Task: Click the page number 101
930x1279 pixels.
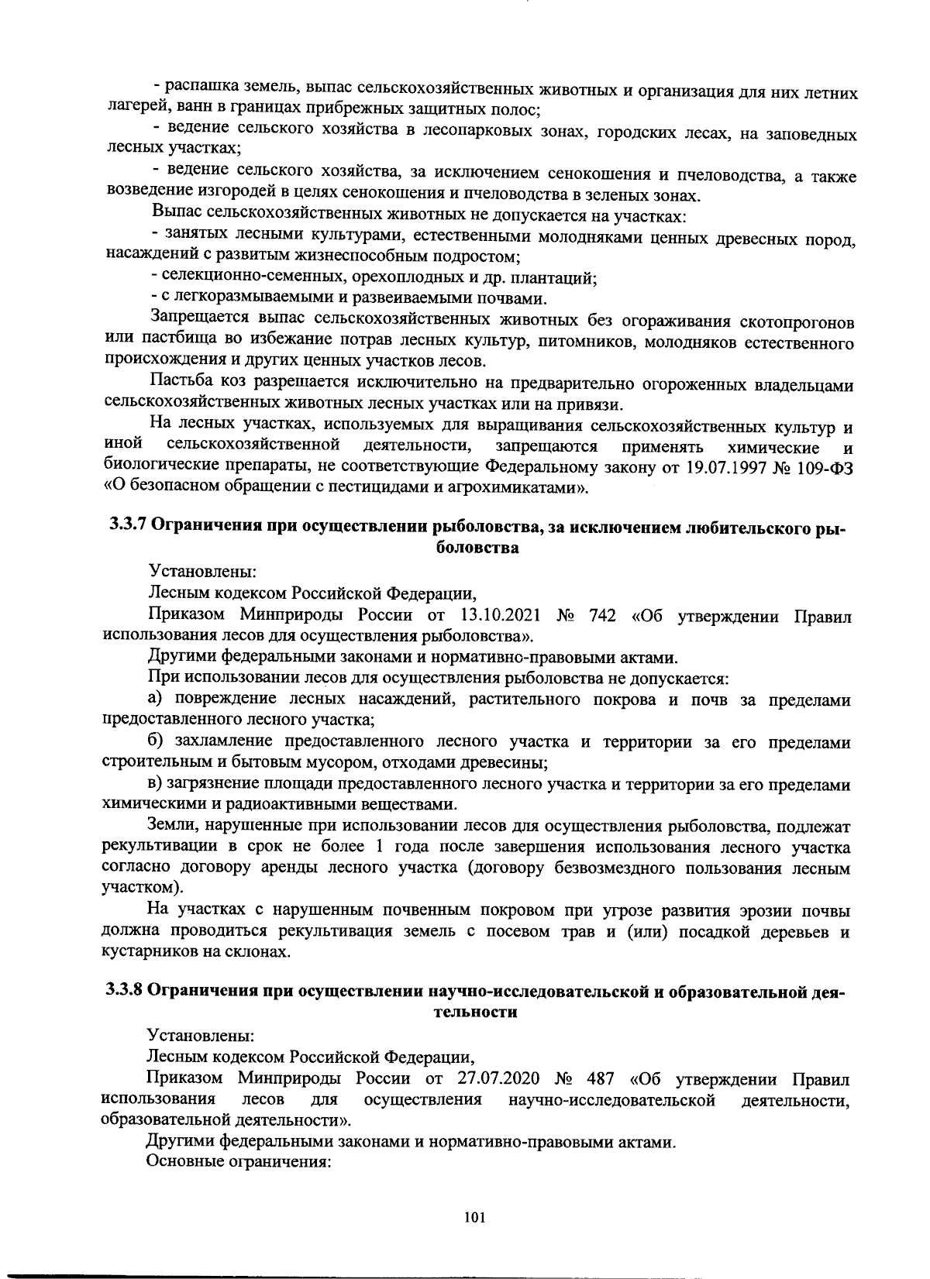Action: [x=474, y=1219]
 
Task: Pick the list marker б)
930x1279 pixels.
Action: [x=155, y=742]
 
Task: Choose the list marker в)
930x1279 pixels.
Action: [x=155, y=785]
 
